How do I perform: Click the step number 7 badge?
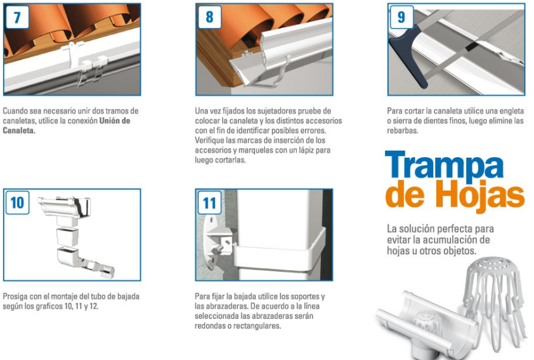tap(17, 17)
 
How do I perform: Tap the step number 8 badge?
tap(209, 17)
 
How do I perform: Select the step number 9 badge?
tap(401, 17)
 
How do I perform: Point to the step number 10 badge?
tap(17, 203)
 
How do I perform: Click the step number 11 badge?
tap(209, 203)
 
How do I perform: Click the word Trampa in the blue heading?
tap(444, 165)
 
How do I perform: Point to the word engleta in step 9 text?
tap(511, 112)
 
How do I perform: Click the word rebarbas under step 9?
tap(402, 131)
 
